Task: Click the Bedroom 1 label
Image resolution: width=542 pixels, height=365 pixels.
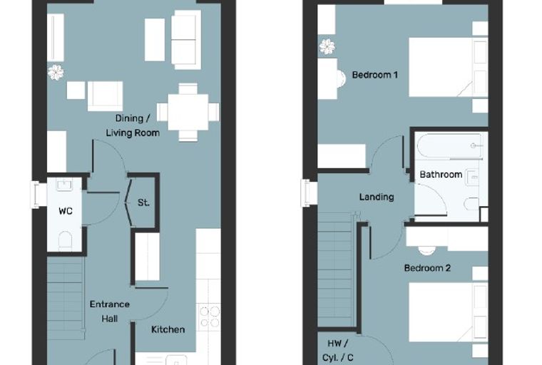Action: (374, 75)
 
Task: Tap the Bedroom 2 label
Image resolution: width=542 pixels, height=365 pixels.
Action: (427, 268)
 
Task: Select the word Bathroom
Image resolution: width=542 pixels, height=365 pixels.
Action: (441, 174)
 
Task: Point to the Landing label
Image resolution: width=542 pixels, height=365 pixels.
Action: (377, 197)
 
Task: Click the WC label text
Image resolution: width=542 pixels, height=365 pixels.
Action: (66, 211)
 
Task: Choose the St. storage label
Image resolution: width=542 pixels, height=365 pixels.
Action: (143, 202)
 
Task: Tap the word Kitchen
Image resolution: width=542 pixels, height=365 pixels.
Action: (168, 329)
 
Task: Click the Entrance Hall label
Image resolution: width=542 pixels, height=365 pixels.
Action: (110, 312)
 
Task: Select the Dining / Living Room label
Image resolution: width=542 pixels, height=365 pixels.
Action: (133, 125)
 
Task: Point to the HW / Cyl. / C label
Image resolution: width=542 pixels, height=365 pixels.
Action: (338, 351)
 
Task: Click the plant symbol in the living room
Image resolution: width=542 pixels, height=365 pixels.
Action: (56, 73)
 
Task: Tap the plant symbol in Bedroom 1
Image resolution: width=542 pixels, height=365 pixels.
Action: (327, 46)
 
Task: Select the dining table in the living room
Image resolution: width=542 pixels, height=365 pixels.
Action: (188, 113)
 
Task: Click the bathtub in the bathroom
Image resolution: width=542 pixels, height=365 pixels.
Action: (450, 146)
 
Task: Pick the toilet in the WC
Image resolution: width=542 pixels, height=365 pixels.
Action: (65, 240)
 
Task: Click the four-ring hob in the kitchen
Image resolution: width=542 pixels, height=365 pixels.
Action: (210, 317)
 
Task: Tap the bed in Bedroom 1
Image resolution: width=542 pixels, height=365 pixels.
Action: (449, 67)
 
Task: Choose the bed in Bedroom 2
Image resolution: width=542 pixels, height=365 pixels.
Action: (449, 312)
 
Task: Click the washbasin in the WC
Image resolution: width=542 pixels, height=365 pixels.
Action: (64, 185)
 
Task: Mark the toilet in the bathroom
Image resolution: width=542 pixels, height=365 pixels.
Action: (471, 204)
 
